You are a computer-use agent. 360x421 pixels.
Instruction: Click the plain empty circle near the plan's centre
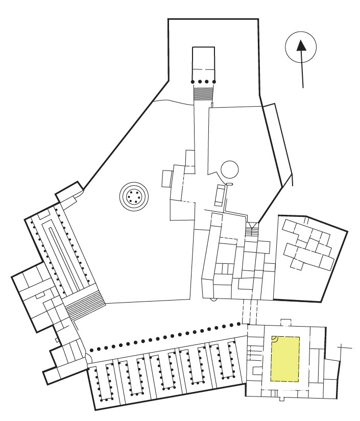click(x=229, y=168)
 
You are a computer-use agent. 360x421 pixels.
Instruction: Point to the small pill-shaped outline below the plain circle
click(x=230, y=184)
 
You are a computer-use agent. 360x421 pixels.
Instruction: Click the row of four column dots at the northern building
click(x=203, y=82)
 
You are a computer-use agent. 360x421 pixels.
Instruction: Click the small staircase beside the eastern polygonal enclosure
click(x=252, y=231)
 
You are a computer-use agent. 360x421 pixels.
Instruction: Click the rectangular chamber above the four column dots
click(x=203, y=61)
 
